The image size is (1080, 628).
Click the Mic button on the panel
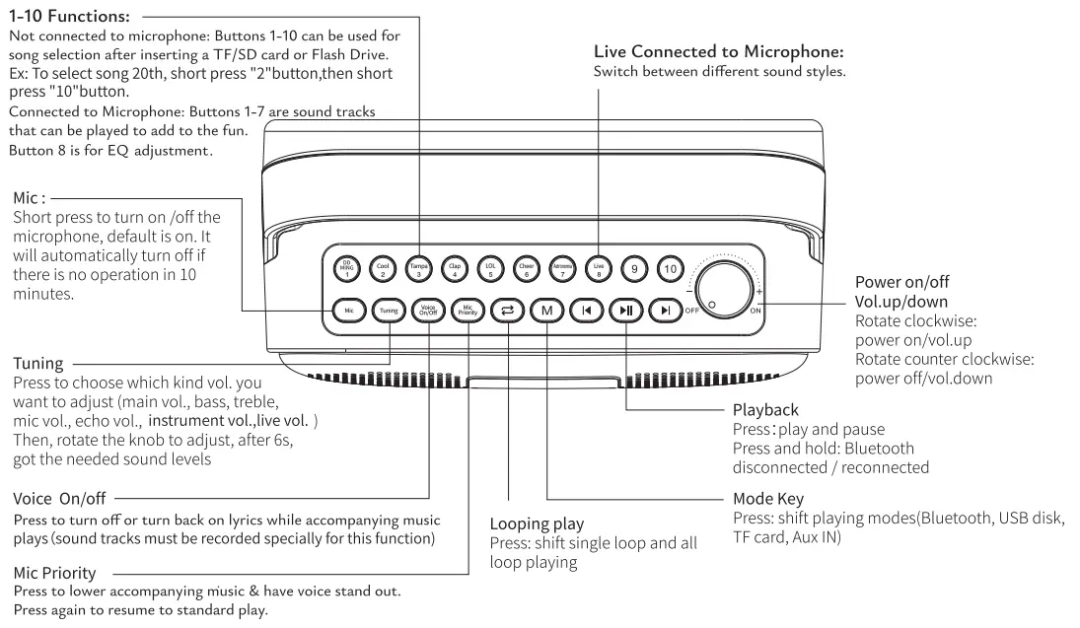pyautogui.click(x=347, y=311)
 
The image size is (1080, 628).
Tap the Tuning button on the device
pyautogui.click(x=388, y=311)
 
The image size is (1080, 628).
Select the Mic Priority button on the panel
pyautogui.click(x=468, y=311)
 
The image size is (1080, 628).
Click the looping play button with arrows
pyautogui.click(x=507, y=311)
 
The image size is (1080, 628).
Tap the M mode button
pyautogui.click(x=546, y=311)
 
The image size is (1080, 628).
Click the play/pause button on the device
pyautogui.click(x=626, y=311)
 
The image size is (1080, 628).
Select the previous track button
pyautogui.click(x=587, y=311)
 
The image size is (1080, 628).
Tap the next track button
pyautogui.click(x=666, y=311)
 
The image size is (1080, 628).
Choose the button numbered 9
pyautogui.click(x=634, y=267)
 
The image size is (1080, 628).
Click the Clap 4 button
pyautogui.click(x=454, y=267)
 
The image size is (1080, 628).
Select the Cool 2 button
pyautogui.click(x=382, y=267)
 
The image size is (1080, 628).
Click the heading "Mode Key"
pyautogui.click(x=767, y=499)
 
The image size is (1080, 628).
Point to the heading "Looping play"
pyautogui.click(x=537, y=523)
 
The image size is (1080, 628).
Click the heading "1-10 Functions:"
pyautogui.click(x=69, y=17)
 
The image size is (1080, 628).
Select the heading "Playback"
pyautogui.click(x=765, y=409)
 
